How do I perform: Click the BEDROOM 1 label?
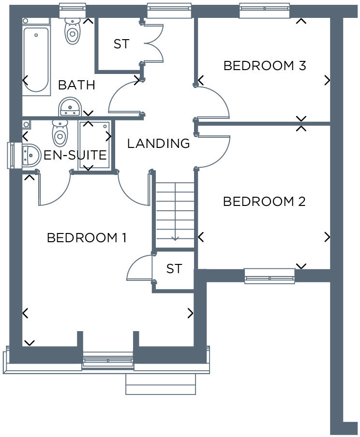[x=87, y=238]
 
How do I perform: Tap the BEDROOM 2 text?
[x=264, y=202]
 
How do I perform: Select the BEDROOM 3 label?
[x=265, y=66]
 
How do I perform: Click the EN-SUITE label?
[x=75, y=156]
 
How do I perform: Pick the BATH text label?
[x=76, y=86]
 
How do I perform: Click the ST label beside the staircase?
[x=174, y=269]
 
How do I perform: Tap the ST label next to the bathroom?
[x=121, y=44]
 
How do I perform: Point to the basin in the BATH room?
[x=70, y=106]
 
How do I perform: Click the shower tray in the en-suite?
[x=94, y=145]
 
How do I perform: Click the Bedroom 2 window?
[x=270, y=276]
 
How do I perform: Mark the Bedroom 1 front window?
[x=107, y=361]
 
